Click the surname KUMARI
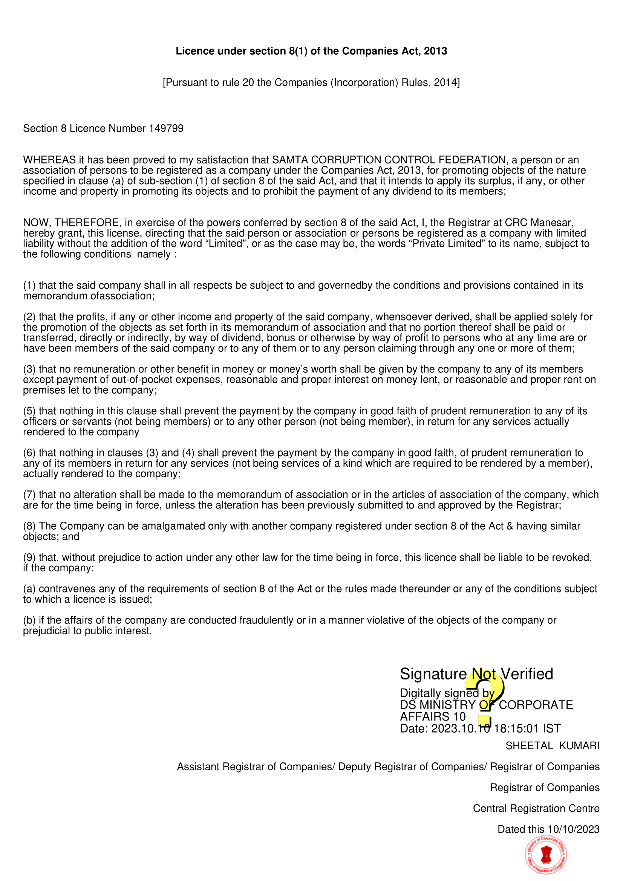click(579, 745)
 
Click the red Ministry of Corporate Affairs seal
click(546, 855)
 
